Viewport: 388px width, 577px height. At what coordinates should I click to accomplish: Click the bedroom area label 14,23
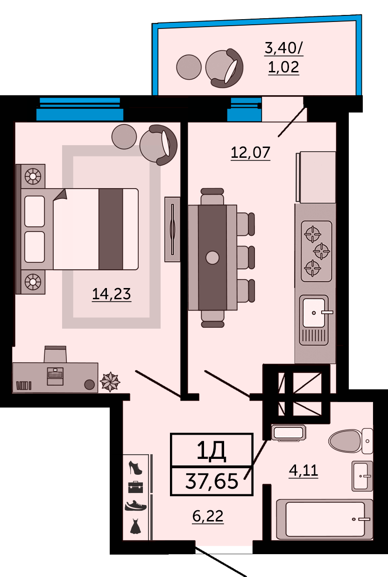112,294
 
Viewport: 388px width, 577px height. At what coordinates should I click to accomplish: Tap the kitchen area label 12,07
250,152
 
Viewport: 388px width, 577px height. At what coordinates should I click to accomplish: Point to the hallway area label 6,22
208,516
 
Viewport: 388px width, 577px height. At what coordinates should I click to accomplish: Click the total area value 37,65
212,481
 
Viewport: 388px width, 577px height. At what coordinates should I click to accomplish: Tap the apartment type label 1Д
211,451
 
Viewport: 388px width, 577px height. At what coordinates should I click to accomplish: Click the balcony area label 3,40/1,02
284,57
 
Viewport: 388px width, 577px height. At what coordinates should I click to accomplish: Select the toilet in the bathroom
351,441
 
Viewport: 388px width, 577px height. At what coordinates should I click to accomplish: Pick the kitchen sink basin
314,313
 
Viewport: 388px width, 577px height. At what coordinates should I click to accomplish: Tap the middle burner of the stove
322,251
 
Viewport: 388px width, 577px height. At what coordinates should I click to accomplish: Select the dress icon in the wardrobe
135,526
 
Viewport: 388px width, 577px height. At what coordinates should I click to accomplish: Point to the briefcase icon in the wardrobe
135,487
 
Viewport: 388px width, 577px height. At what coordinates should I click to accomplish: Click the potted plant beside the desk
110,381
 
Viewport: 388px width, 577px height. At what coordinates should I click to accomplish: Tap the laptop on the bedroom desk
55,376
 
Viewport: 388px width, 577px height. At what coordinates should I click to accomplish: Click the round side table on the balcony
189,67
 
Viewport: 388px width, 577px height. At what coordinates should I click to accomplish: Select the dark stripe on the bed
111,229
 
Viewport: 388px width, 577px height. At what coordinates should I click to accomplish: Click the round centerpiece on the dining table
212,258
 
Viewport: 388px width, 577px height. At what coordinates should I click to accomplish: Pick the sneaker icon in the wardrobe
135,506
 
